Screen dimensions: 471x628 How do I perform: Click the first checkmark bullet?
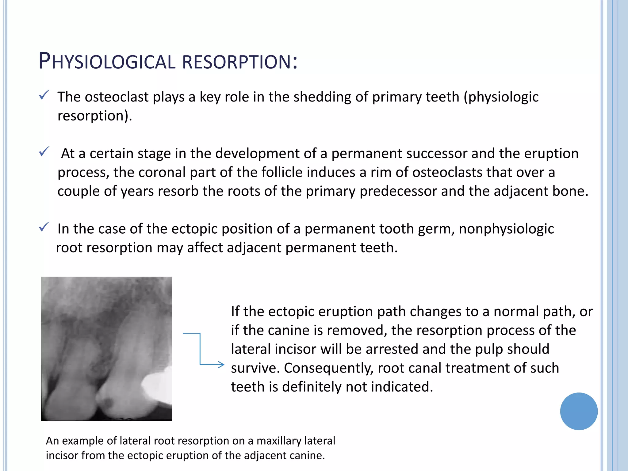44,95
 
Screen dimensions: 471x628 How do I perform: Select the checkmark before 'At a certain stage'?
44,151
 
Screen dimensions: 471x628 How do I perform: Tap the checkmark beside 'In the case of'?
44,227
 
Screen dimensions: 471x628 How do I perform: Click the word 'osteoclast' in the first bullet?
117,97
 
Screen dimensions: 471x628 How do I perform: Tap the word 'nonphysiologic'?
506,229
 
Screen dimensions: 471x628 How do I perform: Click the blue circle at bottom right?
579,411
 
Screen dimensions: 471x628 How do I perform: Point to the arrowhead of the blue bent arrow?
221,365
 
